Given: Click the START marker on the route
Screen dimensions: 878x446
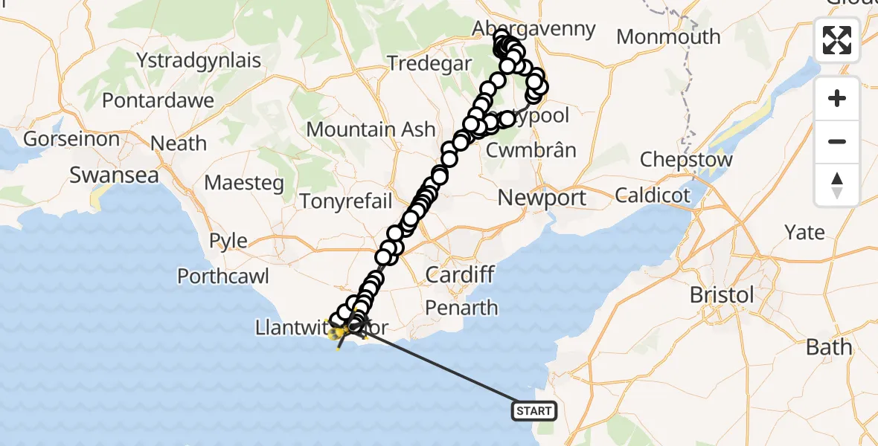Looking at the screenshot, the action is pos(534,410).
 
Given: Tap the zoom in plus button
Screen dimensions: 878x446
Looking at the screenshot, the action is pos(837,98).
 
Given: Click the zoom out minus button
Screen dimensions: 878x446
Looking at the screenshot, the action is pos(837,141).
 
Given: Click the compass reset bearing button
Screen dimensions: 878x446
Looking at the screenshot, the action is pos(837,185).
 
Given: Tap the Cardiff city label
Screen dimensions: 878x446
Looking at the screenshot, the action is pos(460,275).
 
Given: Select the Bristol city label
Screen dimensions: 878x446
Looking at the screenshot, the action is pos(721,294).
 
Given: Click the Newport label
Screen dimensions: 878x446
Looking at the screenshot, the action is pos(542,198).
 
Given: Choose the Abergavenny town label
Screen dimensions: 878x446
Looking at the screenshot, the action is pos(535,29).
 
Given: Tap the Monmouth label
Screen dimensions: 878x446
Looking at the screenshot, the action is pos(668,36).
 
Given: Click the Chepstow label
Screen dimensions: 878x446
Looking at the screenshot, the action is pos(686,160).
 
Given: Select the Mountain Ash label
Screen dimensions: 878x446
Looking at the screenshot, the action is pos(371,129).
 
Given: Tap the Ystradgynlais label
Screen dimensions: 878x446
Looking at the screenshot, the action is pos(199,59).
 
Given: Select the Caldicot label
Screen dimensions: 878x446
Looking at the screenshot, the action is pos(653,195).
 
